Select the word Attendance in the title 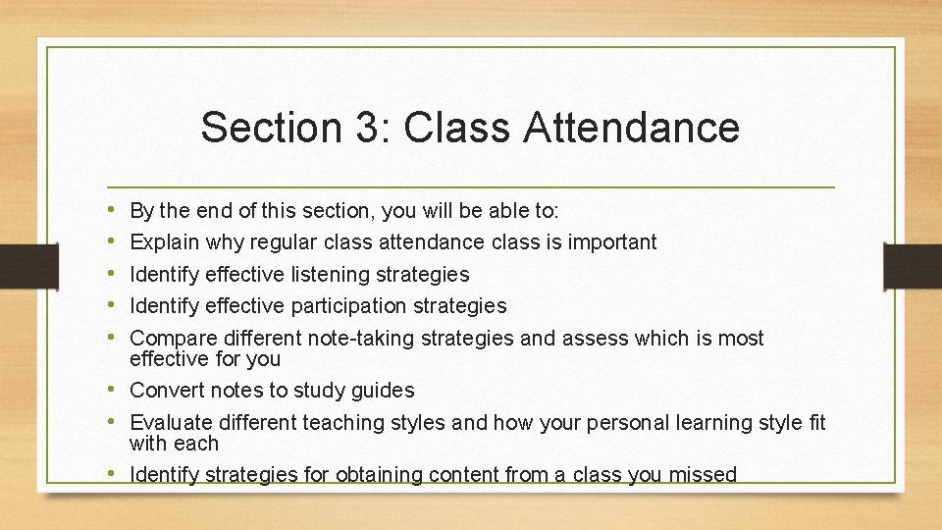(x=632, y=128)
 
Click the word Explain (x=165, y=242)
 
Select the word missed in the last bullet (x=703, y=475)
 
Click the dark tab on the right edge (x=914, y=266)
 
